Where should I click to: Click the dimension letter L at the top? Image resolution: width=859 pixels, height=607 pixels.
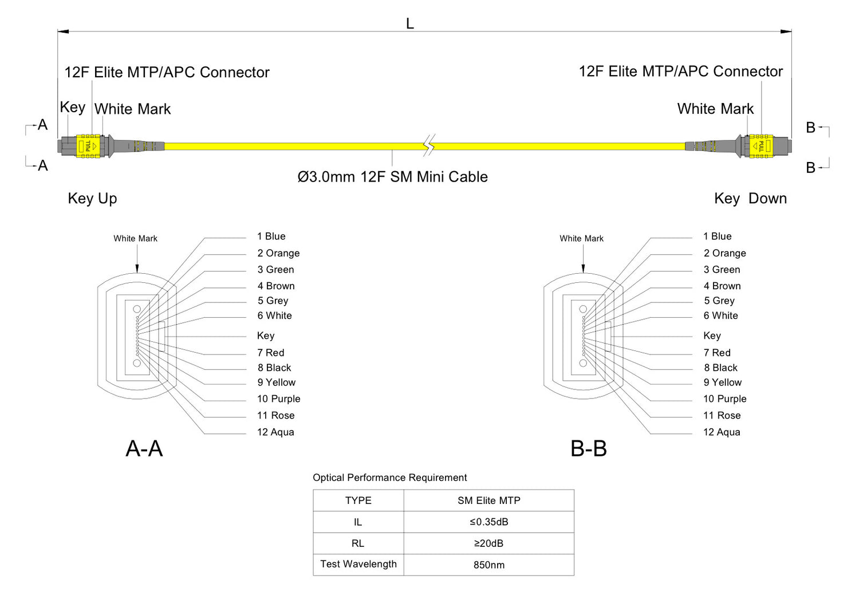tap(409, 24)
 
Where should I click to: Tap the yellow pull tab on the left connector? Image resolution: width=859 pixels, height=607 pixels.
tap(88, 146)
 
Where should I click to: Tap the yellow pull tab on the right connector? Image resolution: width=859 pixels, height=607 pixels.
tap(761, 146)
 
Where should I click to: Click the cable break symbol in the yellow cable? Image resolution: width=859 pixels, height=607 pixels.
tap(429, 145)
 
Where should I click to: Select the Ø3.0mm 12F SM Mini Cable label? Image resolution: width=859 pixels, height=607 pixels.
tap(392, 177)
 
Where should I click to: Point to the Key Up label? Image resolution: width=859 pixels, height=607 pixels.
tap(92, 198)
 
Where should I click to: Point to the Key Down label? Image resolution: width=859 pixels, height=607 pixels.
tap(750, 198)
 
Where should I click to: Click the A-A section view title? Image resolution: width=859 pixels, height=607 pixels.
tap(144, 448)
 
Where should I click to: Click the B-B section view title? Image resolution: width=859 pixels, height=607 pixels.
tap(589, 448)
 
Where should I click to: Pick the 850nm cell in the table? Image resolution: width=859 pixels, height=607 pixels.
tap(488, 565)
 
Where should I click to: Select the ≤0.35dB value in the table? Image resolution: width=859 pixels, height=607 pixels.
tap(488, 522)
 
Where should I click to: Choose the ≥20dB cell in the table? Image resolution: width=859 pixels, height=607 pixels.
tap(488, 543)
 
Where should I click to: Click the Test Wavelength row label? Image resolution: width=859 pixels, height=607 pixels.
tap(358, 564)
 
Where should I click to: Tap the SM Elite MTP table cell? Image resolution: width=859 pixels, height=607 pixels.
tap(488, 500)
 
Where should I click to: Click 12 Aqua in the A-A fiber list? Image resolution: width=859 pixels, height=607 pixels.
tap(275, 432)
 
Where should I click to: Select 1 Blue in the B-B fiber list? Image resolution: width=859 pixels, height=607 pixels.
tap(718, 237)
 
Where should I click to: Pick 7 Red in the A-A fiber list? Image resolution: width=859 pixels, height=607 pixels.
tap(271, 353)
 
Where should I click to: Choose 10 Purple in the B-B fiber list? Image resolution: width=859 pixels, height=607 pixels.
tap(725, 399)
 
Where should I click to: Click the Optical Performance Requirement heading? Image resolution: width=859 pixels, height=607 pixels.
tap(389, 478)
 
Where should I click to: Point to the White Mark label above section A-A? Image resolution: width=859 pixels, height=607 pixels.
tap(135, 239)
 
